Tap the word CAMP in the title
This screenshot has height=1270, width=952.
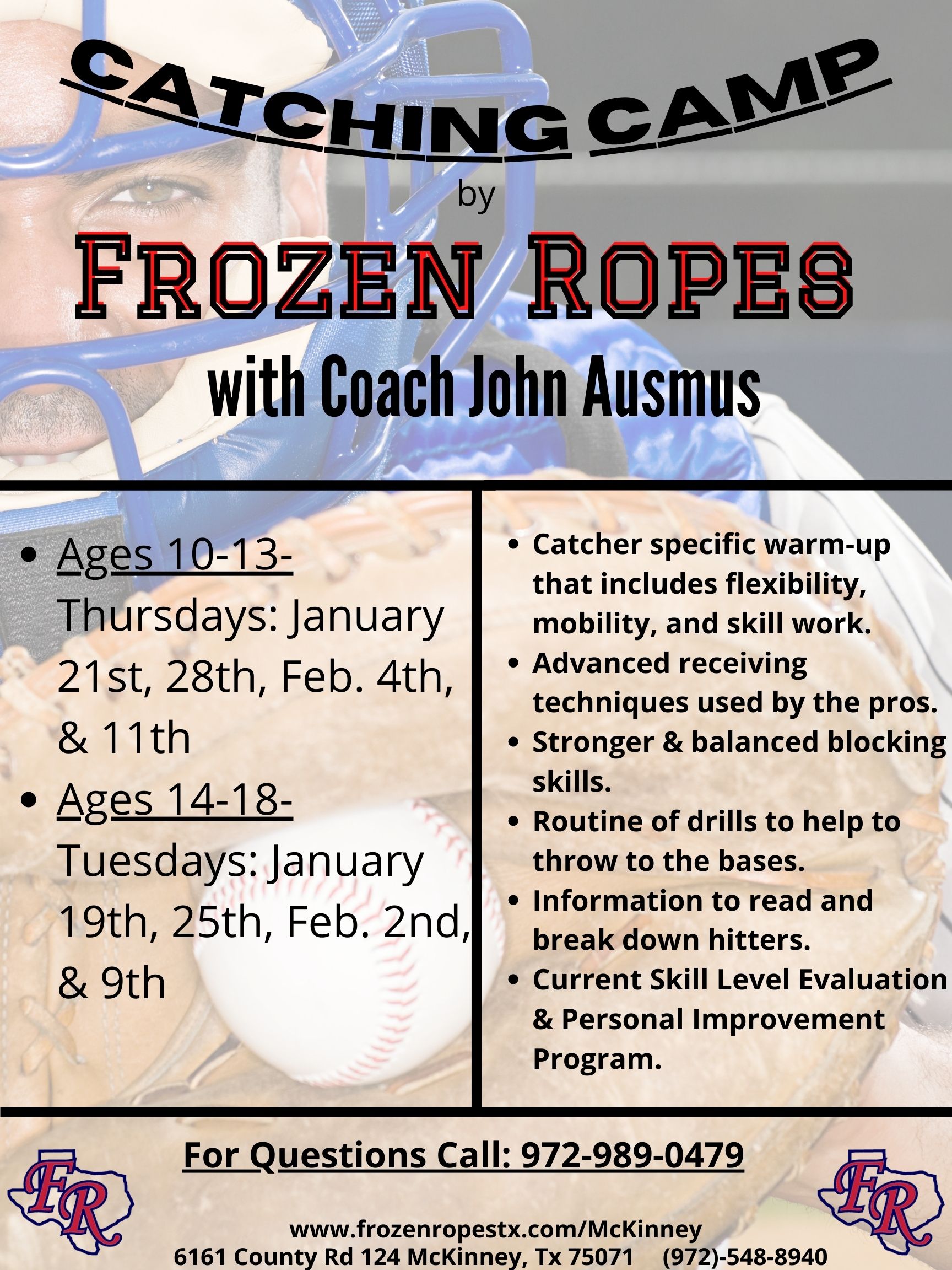pos(740,103)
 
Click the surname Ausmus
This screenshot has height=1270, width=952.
pos(672,386)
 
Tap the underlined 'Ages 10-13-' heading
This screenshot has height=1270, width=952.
pos(175,556)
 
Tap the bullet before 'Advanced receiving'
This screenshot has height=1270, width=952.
pos(515,664)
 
